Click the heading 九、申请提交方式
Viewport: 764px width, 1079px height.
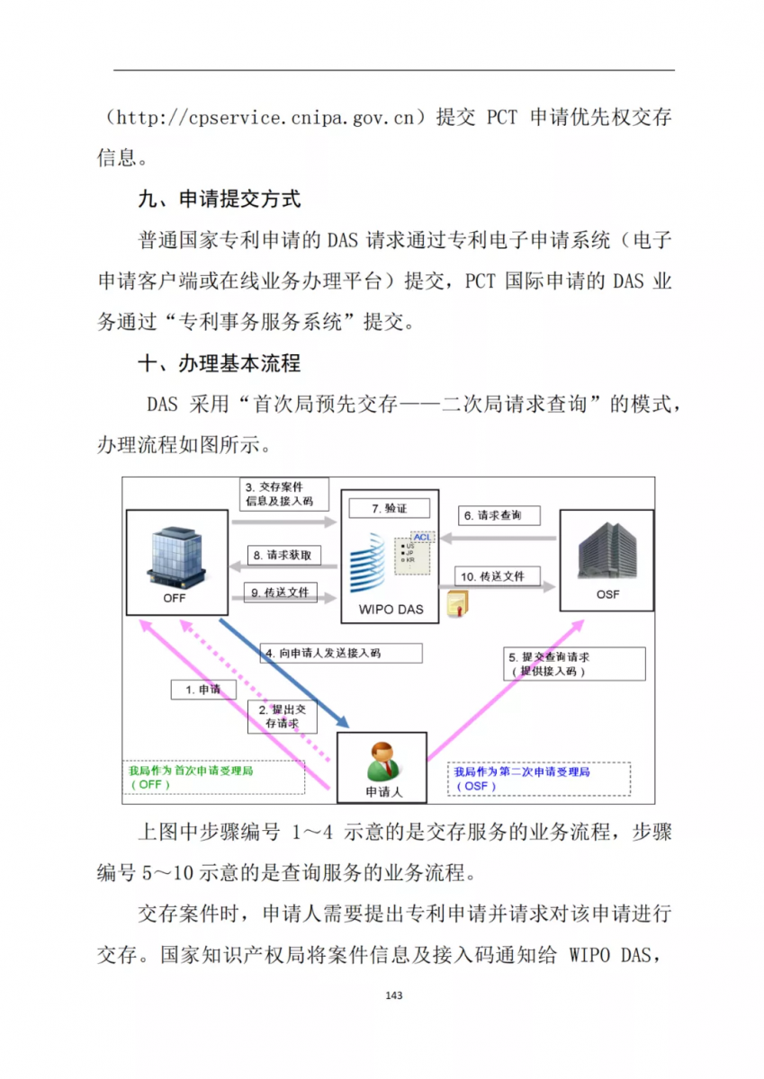point(219,199)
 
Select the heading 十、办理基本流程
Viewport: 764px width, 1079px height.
point(219,363)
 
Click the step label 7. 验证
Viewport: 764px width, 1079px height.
point(390,508)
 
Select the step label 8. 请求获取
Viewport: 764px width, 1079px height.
point(283,556)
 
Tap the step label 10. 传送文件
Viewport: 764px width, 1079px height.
point(493,575)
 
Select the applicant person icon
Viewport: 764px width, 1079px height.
point(383,761)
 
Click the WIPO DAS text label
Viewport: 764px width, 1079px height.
point(390,609)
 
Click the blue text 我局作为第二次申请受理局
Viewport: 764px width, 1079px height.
point(522,772)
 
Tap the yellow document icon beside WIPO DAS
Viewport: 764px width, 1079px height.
point(459,603)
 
